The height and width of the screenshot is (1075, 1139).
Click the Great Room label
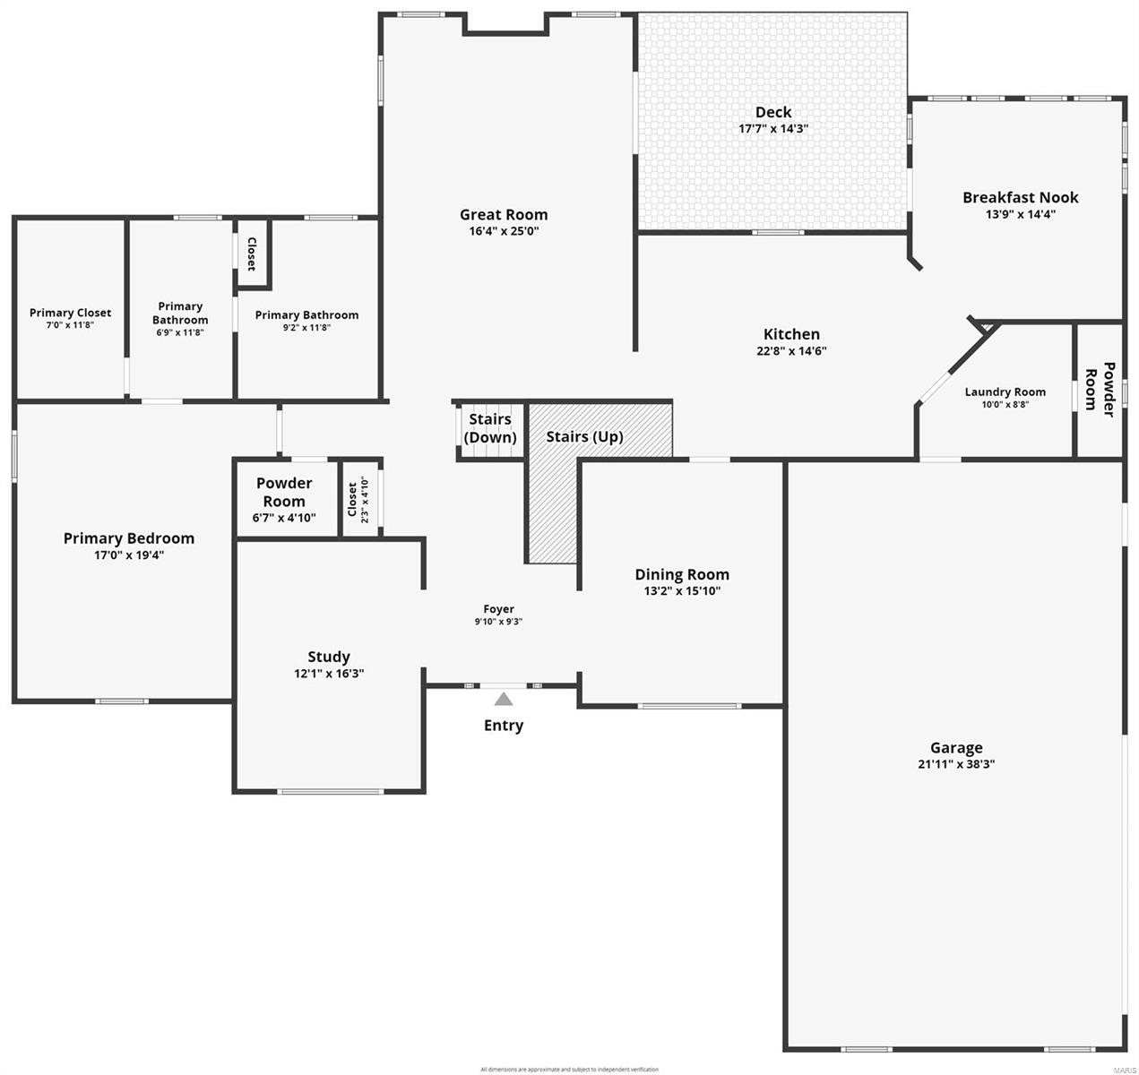(x=503, y=214)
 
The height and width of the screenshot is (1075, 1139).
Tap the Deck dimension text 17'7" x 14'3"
(x=772, y=129)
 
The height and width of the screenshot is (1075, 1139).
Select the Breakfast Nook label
(x=1020, y=197)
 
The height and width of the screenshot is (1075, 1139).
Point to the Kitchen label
(x=790, y=334)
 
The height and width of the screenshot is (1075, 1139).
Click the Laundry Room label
(x=1005, y=391)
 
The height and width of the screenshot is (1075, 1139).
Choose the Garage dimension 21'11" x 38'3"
(x=955, y=764)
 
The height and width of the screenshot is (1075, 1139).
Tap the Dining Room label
(x=681, y=574)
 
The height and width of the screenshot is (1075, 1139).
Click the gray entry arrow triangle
(x=504, y=699)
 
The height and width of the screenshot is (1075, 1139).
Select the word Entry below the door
(x=503, y=726)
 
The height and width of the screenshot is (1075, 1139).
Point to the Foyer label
(x=498, y=609)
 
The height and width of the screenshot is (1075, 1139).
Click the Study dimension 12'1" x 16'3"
(x=328, y=674)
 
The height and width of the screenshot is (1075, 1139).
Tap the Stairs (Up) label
(x=584, y=437)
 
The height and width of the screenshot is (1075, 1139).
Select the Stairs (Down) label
(x=489, y=428)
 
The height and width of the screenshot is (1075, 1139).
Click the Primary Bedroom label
(x=128, y=538)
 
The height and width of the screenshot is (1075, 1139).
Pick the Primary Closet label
(x=70, y=313)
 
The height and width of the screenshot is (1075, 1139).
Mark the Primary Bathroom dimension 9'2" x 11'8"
(x=306, y=328)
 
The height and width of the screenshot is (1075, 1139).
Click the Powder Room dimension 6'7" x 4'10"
(x=284, y=517)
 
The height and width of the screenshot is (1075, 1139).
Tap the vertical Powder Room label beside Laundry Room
(x=1100, y=390)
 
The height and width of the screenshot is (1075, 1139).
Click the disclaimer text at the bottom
(x=569, y=1069)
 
